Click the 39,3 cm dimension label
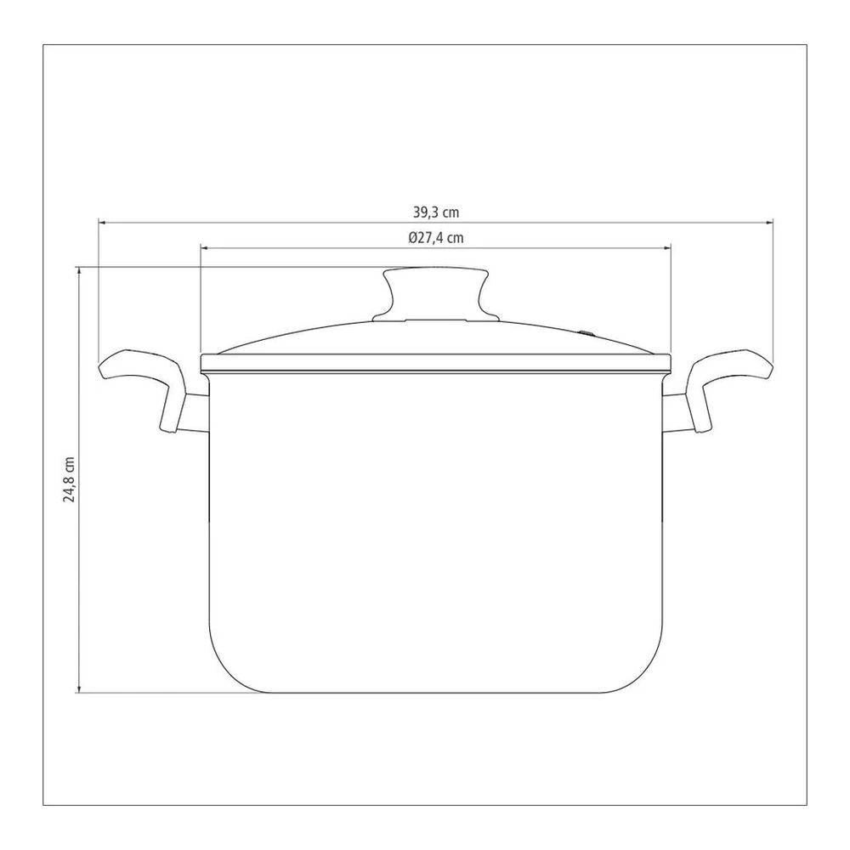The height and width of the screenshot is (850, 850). pos(436,212)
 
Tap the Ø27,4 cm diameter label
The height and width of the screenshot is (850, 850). pos(436,238)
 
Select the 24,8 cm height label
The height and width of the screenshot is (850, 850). pos(70,479)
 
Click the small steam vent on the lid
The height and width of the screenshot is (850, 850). pos(586,333)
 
